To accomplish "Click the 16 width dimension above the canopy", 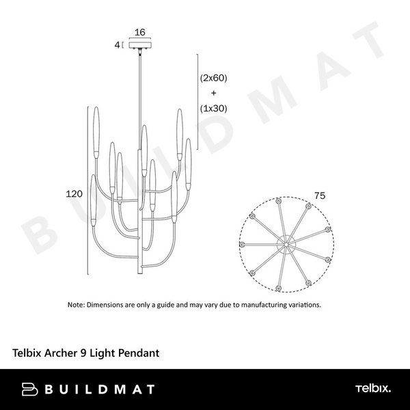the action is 140,32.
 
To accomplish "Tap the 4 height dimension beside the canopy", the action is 117,45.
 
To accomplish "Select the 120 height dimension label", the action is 74,194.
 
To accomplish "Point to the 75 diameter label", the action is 320,195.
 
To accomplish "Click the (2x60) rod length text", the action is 214,78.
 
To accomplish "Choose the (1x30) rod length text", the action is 214,108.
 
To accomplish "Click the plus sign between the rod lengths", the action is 214,93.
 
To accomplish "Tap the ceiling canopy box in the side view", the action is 140,44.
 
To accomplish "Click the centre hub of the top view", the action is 286,245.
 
